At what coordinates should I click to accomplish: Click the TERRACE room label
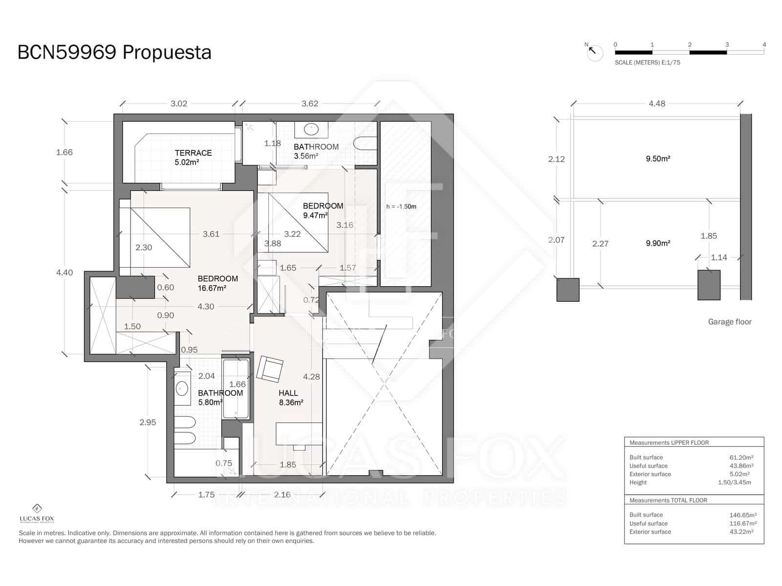pyautogui.click(x=193, y=153)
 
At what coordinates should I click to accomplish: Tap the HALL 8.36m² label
pyautogui.click(x=289, y=398)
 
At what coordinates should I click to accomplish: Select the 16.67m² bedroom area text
pyautogui.click(x=212, y=289)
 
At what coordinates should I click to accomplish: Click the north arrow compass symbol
pyautogui.click(x=594, y=52)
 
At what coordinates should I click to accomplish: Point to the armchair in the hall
pyautogui.click(x=270, y=369)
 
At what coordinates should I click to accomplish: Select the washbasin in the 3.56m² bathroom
pyautogui.click(x=311, y=129)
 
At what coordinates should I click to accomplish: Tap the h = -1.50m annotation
pyautogui.click(x=401, y=207)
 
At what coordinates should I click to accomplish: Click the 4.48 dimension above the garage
pyautogui.click(x=656, y=104)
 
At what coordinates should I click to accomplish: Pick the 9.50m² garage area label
pyautogui.click(x=657, y=159)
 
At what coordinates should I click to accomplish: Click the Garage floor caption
pyautogui.click(x=729, y=322)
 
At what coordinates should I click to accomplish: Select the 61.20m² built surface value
pyautogui.click(x=741, y=458)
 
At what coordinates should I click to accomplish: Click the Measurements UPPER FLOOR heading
pyautogui.click(x=669, y=442)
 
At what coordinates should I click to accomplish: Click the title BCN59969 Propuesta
pyautogui.click(x=114, y=52)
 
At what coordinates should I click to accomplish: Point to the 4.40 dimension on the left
pyautogui.click(x=65, y=272)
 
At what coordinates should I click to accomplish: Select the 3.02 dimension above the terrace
pyautogui.click(x=179, y=104)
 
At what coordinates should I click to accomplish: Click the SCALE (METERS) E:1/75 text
pyautogui.click(x=647, y=63)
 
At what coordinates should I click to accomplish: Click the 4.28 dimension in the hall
pyautogui.click(x=311, y=377)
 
